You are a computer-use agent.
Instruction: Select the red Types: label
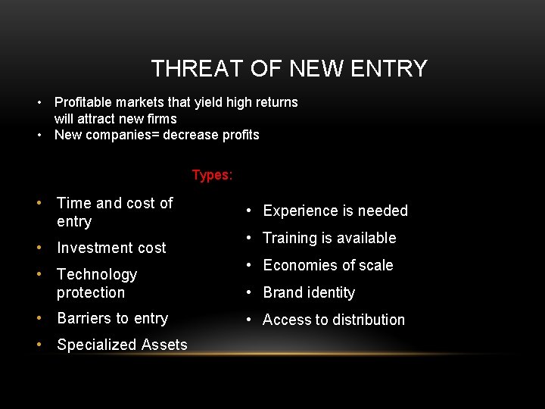[212, 175]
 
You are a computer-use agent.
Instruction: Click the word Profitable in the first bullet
[84, 102]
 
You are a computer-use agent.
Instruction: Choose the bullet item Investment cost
[111, 248]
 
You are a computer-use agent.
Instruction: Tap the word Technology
[97, 274]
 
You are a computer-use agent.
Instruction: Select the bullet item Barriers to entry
[112, 319]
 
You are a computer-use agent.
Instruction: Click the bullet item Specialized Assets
[122, 345]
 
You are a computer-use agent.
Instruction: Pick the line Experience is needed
[335, 211]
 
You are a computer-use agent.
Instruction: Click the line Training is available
[329, 238]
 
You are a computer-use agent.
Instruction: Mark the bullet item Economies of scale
[328, 265]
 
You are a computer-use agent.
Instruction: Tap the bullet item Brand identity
[309, 292]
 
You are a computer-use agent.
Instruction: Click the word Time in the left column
[74, 203]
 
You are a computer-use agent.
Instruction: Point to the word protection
[91, 292]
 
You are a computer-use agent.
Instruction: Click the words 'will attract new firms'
[115, 119]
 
